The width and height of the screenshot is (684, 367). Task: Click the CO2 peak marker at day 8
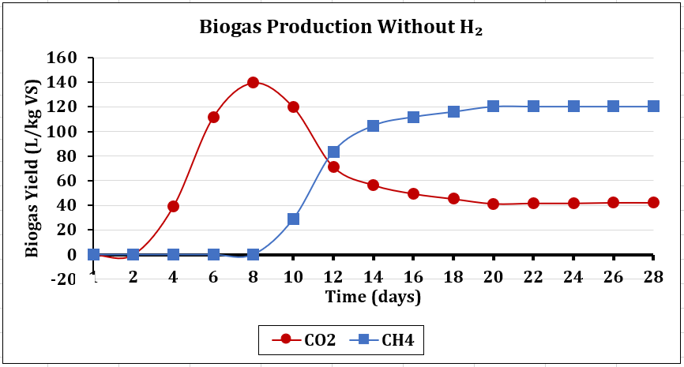coord(253,82)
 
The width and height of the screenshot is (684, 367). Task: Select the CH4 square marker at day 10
coord(293,219)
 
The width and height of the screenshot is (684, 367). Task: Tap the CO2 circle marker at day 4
coord(173,206)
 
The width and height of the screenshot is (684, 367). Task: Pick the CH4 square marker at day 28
coord(653,107)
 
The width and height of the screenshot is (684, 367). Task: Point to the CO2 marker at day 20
coord(493,204)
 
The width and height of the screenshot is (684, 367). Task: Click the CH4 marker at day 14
coord(373,126)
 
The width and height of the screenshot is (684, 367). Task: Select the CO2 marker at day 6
coord(213,118)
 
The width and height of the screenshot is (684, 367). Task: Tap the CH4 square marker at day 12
coord(333,152)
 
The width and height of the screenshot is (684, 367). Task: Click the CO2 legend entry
coord(303,339)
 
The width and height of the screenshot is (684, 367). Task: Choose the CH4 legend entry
coord(381,339)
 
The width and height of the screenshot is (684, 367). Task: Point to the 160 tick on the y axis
coord(62,58)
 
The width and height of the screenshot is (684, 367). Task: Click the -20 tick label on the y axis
coord(63,279)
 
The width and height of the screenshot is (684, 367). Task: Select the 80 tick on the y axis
coord(67,156)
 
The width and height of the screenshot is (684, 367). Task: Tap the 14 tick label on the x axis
coord(373,277)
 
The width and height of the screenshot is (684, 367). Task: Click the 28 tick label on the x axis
coord(653,277)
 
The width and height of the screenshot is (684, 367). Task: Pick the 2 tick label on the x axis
coord(133,277)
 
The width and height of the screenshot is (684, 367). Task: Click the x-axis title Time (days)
coord(374,298)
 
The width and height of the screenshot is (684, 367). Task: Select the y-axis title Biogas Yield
coord(32,169)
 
